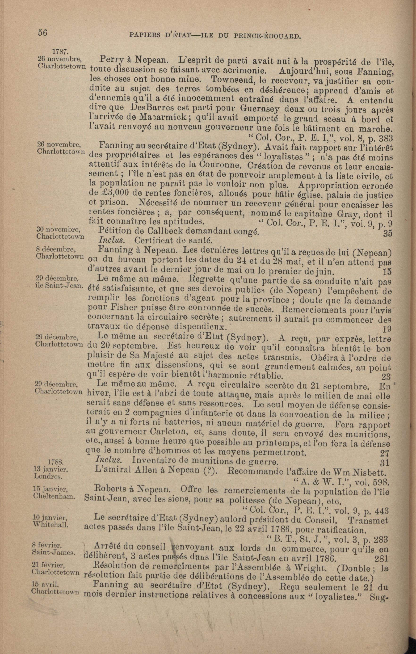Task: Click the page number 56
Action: pyautogui.click(x=43, y=33)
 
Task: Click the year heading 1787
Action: pyautogui.click(x=60, y=51)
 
